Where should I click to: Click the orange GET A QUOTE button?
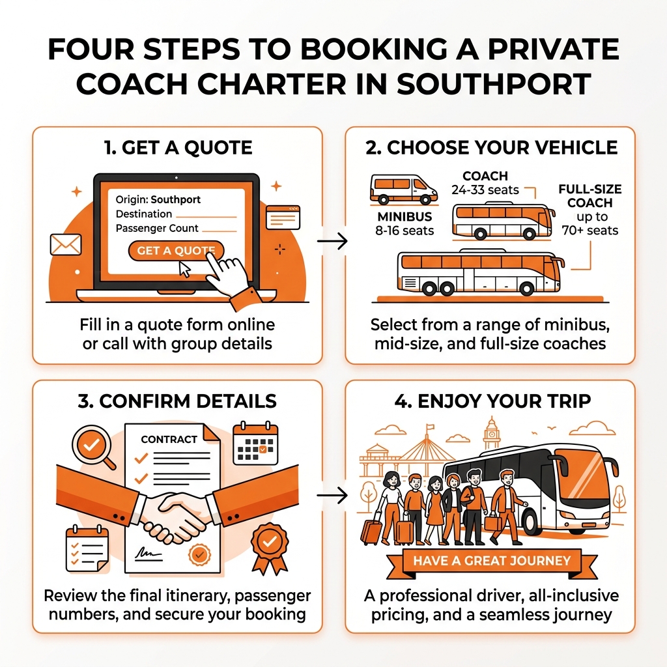pos(175,251)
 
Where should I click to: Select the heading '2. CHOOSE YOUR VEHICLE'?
pos(492,147)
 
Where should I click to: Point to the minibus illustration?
pos(403,188)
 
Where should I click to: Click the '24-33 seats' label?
pos(485,190)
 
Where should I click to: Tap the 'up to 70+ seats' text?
pos(589,223)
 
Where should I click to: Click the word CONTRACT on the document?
pos(169,439)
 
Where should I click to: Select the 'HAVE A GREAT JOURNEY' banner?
pos(491,560)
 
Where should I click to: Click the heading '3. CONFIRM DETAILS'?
pos(177,400)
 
